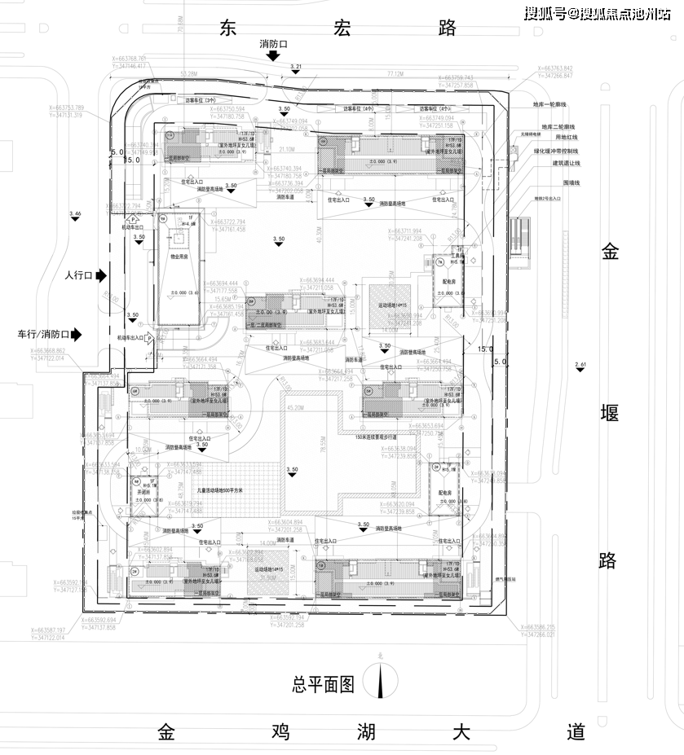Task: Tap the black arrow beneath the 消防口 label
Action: click(274, 55)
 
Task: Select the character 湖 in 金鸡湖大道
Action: click(364, 731)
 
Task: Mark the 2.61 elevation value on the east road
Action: click(580, 364)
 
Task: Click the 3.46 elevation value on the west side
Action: click(76, 213)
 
